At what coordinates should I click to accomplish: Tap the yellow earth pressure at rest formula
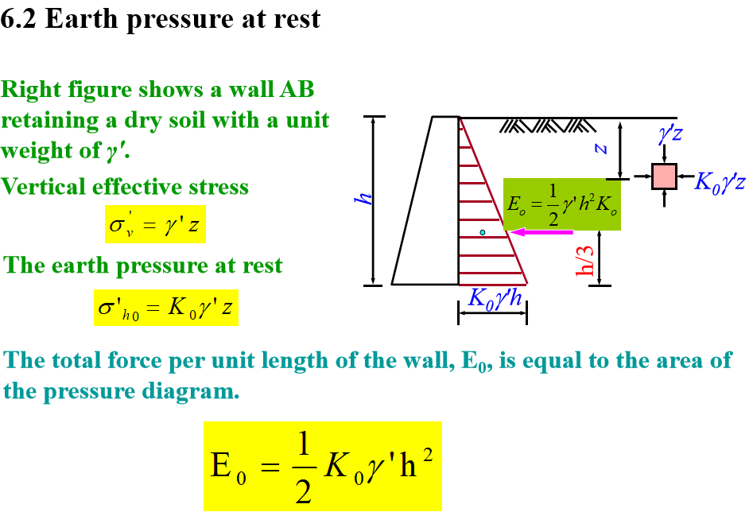166,307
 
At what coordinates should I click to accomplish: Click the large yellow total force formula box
322,466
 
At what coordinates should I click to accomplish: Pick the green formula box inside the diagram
561,204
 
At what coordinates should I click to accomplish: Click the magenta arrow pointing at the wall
541,232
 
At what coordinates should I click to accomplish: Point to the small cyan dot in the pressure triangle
482,232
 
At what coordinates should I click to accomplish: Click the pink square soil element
664,176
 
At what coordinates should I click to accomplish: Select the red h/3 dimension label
587,258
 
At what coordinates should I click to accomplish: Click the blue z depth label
602,148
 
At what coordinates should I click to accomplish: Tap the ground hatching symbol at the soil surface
549,125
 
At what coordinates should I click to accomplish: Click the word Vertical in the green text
45,187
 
